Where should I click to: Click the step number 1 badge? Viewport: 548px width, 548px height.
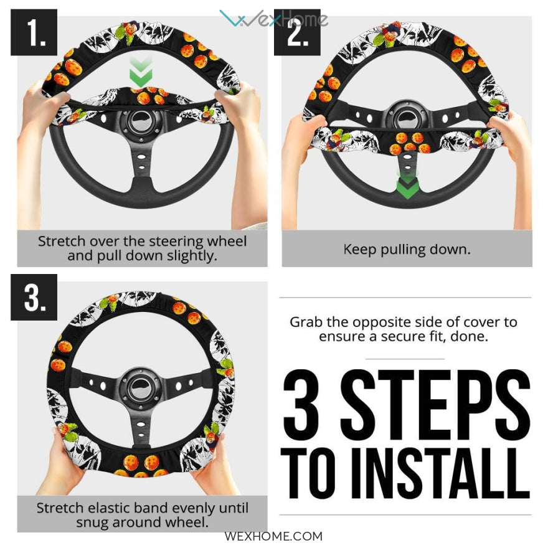click(34, 32)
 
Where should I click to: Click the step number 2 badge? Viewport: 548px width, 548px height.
click(297, 32)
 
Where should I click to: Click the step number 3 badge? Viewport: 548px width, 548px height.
click(34, 297)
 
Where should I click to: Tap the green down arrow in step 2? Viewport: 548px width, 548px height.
click(407, 185)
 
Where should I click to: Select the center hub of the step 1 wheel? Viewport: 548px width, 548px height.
click(139, 122)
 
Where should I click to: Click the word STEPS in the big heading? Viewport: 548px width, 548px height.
click(435, 400)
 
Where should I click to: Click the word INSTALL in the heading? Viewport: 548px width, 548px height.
click(440, 473)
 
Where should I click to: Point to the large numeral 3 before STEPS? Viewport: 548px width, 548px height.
click(301, 400)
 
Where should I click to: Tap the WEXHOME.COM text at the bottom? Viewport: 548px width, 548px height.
click(273, 536)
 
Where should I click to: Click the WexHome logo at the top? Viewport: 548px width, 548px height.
click(273, 18)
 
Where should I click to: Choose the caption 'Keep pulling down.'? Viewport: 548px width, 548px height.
click(407, 249)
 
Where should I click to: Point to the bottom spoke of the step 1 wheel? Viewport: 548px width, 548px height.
click(141, 164)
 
